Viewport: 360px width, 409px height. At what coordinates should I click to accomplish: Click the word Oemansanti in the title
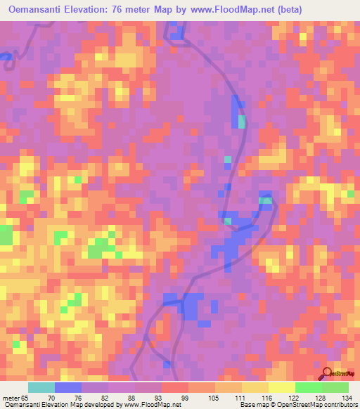coord(40,11)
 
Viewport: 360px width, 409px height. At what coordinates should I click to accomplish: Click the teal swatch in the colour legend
coord(41,387)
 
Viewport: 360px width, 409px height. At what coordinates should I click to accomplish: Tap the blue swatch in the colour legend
coord(68,387)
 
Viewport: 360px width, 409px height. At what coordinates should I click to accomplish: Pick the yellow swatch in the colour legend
coord(282,387)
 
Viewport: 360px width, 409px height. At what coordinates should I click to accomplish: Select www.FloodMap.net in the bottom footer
coord(150,405)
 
